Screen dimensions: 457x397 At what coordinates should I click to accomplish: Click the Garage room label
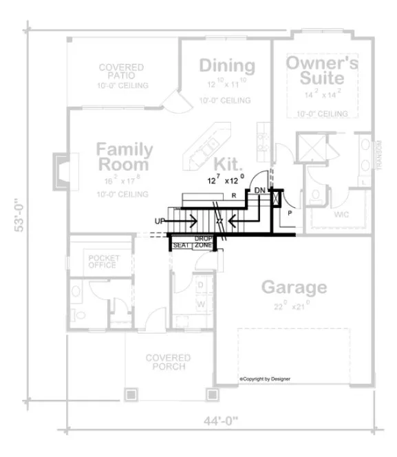coord(292,287)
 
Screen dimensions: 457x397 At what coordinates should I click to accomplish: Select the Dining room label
coord(227,66)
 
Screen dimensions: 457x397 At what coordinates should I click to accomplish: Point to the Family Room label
coord(124,157)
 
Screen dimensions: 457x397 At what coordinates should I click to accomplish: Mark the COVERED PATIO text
coord(121,72)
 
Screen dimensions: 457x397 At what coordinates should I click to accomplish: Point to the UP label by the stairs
coord(160,221)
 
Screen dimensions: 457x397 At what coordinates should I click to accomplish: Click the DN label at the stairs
coord(259,190)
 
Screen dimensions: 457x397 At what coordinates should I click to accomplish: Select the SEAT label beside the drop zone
coord(181,245)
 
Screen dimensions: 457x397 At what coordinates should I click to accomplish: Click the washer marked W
coord(202,302)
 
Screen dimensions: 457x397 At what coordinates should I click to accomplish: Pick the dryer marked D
coord(201,284)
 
